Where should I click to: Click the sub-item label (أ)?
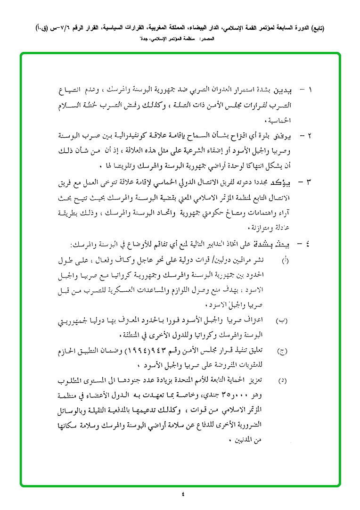[284, 260]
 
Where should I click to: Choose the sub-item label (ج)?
[282, 351]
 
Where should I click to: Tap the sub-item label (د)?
[282, 380]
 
